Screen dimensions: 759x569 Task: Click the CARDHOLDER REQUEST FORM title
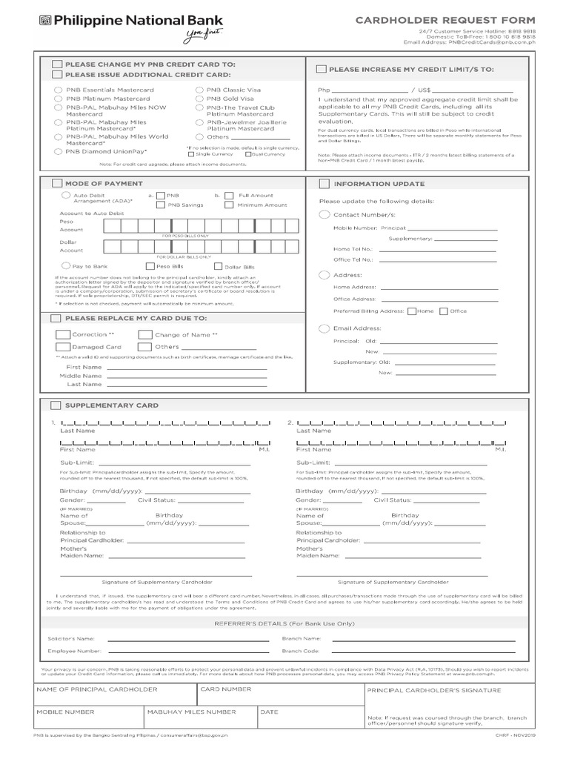(445, 19)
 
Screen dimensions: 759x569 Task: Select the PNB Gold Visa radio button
(200, 98)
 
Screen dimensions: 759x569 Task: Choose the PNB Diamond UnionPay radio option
(58, 151)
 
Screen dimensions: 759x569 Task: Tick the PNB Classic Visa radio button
(200, 89)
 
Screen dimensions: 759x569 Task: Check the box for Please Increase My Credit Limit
(321, 69)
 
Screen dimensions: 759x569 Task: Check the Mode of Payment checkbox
(57, 183)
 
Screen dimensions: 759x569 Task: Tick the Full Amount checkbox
(229, 196)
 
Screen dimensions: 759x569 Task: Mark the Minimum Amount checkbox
(229, 205)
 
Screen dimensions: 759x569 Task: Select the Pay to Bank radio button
(66, 265)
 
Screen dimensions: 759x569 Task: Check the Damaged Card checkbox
(63, 346)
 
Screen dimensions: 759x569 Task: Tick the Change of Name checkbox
(145, 334)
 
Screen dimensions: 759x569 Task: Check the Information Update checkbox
(324, 184)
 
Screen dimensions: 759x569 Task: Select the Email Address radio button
(324, 328)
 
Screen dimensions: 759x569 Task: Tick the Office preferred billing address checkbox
(443, 311)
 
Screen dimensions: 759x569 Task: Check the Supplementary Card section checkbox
(56, 405)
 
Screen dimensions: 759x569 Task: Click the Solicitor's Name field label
(71, 637)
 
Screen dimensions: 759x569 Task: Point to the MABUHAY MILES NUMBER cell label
(191, 712)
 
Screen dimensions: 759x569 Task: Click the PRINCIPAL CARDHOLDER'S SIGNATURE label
(433, 690)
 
